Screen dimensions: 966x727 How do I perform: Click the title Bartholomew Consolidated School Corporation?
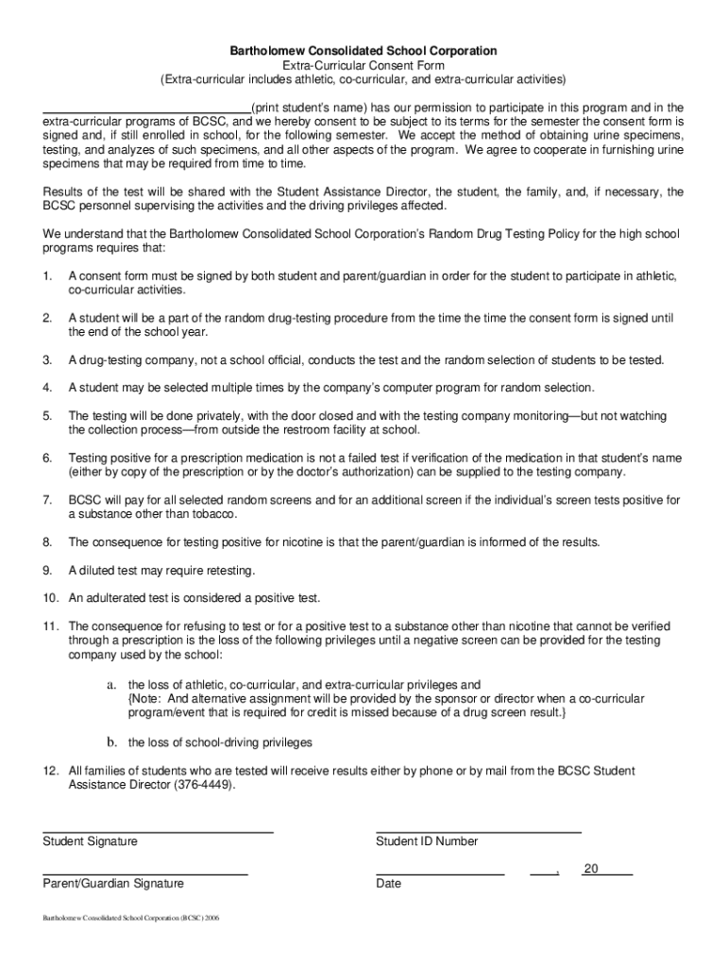coord(364,50)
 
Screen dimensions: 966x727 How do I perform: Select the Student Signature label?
coord(91,841)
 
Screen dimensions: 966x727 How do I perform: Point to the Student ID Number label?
coord(427,841)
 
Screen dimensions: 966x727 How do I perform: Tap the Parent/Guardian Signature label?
coord(113,884)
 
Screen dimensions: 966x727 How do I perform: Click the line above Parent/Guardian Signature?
coord(145,874)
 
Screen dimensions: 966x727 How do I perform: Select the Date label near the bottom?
coord(388,884)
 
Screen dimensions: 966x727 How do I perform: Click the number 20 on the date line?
coord(591,869)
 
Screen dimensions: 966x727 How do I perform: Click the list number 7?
coord(47,499)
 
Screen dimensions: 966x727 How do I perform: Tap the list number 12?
coord(51,771)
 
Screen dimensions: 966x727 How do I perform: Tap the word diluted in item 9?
coord(96,571)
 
